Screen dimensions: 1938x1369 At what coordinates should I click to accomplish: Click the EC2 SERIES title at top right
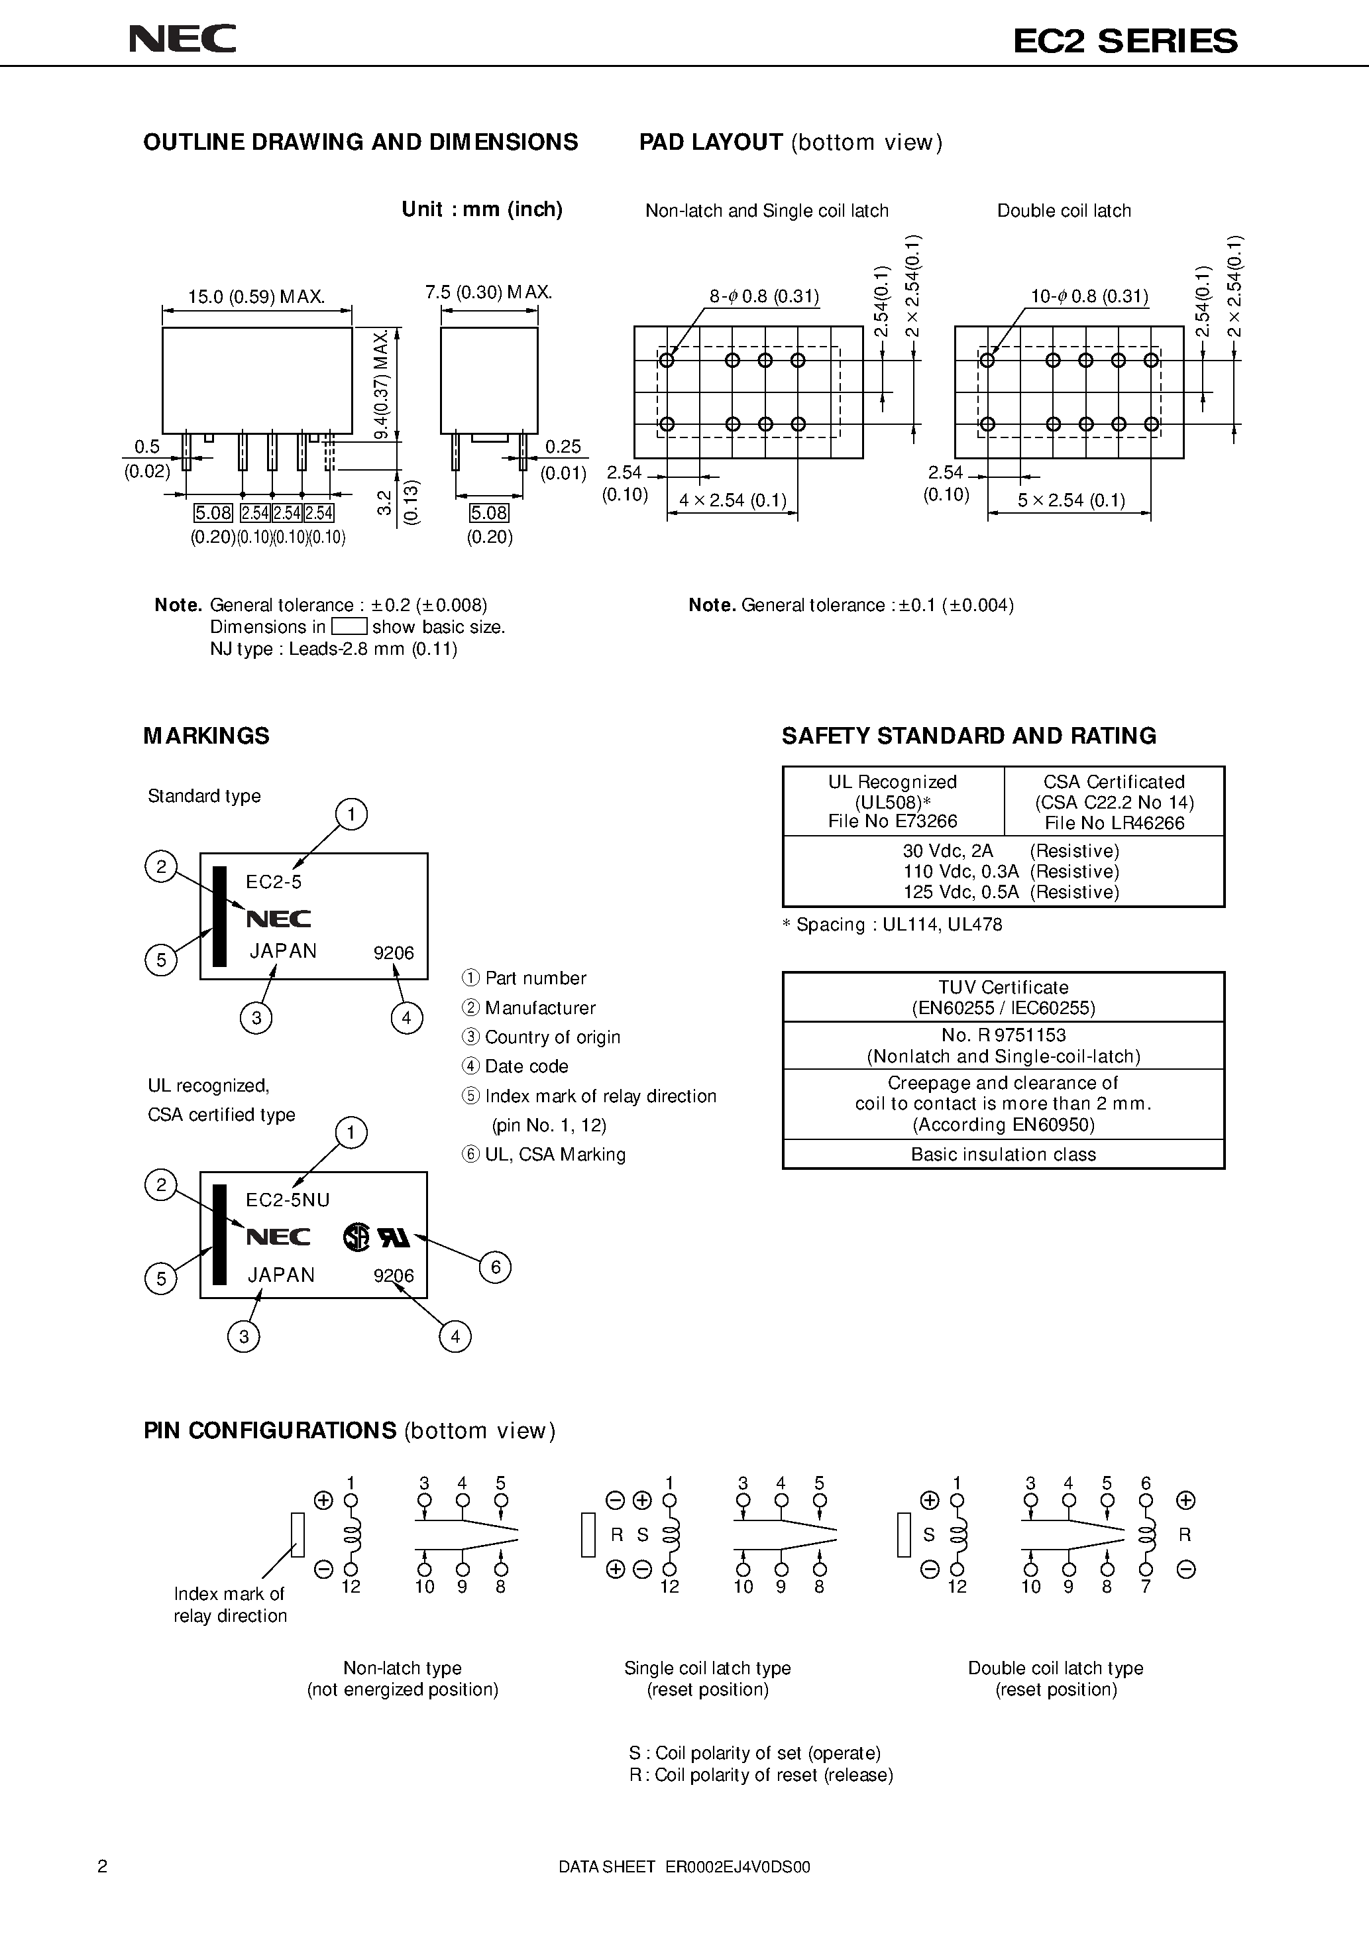pos(1125,41)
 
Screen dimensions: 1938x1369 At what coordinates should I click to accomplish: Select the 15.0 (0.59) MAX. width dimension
pos(256,296)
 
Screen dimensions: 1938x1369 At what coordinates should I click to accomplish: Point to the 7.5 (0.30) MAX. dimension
pos(488,292)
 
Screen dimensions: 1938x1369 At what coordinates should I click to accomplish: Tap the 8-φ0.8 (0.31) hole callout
pos(764,296)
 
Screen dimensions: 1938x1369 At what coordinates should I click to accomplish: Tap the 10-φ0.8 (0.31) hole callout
pos(1089,296)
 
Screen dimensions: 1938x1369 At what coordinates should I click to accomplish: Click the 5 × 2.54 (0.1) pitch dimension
pos(1071,500)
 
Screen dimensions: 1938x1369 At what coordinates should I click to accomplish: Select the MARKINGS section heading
pos(206,736)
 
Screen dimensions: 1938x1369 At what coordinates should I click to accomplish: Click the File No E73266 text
pos(893,821)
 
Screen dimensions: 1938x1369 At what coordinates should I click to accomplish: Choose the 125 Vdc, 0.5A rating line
pos(1011,892)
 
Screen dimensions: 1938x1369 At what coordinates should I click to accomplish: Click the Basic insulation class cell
pos(1003,1155)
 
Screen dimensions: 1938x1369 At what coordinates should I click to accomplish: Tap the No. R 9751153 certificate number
pos(1003,1035)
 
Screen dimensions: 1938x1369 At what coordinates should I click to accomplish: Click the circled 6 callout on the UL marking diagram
pos(496,1267)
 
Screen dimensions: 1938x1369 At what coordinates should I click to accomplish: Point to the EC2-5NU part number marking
pos(288,1200)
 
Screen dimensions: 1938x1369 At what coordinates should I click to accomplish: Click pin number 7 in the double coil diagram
pos(1145,1586)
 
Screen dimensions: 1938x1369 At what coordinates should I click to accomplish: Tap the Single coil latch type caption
pos(707,1668)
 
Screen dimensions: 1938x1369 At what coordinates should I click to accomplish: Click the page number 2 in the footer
pos(103,1866)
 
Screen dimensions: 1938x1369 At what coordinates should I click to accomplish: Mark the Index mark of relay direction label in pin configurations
pos(229,1605)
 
